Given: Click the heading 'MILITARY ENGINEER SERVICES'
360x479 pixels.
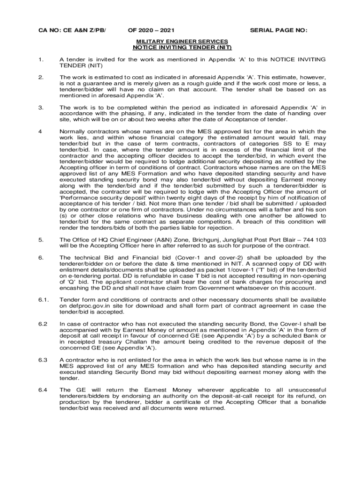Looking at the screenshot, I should coord(182,42).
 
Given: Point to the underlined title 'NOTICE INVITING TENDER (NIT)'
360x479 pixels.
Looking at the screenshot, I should coord(182,47).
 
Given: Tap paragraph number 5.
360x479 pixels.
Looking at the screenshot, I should coord(41,239).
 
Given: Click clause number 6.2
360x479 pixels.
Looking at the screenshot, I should coord(43,324).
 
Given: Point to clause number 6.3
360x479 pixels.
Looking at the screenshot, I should coord(43,359).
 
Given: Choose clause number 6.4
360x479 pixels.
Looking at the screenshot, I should coord(43,390).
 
